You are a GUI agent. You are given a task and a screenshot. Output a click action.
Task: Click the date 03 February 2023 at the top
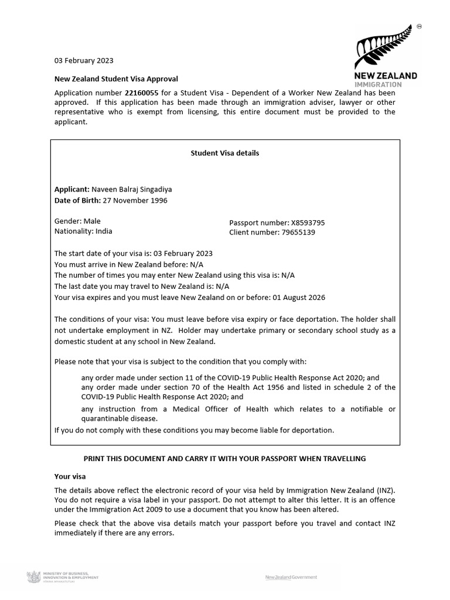pos(84,60)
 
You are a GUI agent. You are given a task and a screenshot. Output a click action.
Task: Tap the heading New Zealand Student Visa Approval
pos(116,79)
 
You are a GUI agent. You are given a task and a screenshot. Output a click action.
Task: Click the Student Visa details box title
pos(224,153)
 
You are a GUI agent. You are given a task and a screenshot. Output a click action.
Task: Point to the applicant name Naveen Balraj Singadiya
pos(132,189)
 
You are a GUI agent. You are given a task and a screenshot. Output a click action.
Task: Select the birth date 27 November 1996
pos(135,200)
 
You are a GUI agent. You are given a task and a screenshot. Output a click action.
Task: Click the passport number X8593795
pos(308,223)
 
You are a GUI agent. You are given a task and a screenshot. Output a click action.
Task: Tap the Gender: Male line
pos(77,221)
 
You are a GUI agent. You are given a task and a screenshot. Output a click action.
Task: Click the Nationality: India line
pos(83,231)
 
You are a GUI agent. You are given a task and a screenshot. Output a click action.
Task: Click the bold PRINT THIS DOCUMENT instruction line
pos(224,459)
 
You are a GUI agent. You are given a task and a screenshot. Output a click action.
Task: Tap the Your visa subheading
pos(70,476)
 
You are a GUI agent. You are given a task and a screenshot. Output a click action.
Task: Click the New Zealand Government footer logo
pos(291,577)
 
